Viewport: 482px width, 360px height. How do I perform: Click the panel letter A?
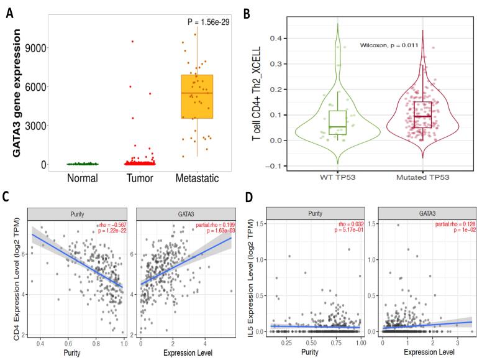(9, 13)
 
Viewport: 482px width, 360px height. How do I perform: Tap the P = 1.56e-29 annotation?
(209, 22)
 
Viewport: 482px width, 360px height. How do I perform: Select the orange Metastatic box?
(197, 96)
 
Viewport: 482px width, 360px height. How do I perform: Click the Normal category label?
(83, 178)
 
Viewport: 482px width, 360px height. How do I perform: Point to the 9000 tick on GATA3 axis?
(35, 48)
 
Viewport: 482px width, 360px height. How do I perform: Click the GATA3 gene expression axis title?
(17, 93)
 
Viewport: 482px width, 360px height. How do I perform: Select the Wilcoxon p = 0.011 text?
(389, 45)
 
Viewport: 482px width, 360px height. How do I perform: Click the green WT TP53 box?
(337, 122)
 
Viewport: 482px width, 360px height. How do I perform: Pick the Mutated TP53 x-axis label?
(422, 177)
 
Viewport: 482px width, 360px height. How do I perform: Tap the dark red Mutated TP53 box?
(422, 114)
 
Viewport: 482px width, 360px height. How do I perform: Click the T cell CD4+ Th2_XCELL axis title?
(256, 93)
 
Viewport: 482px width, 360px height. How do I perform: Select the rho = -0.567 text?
(112, 225)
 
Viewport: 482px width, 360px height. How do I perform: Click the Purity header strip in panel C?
(77, 214)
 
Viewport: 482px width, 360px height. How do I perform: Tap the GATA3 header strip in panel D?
(427, 213)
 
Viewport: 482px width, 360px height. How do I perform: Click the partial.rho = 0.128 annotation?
(455, 224)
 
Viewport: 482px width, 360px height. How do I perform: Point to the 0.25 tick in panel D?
(286, 343)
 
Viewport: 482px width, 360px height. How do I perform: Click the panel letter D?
(248, 197)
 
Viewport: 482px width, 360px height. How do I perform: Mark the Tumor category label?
(140, 178)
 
